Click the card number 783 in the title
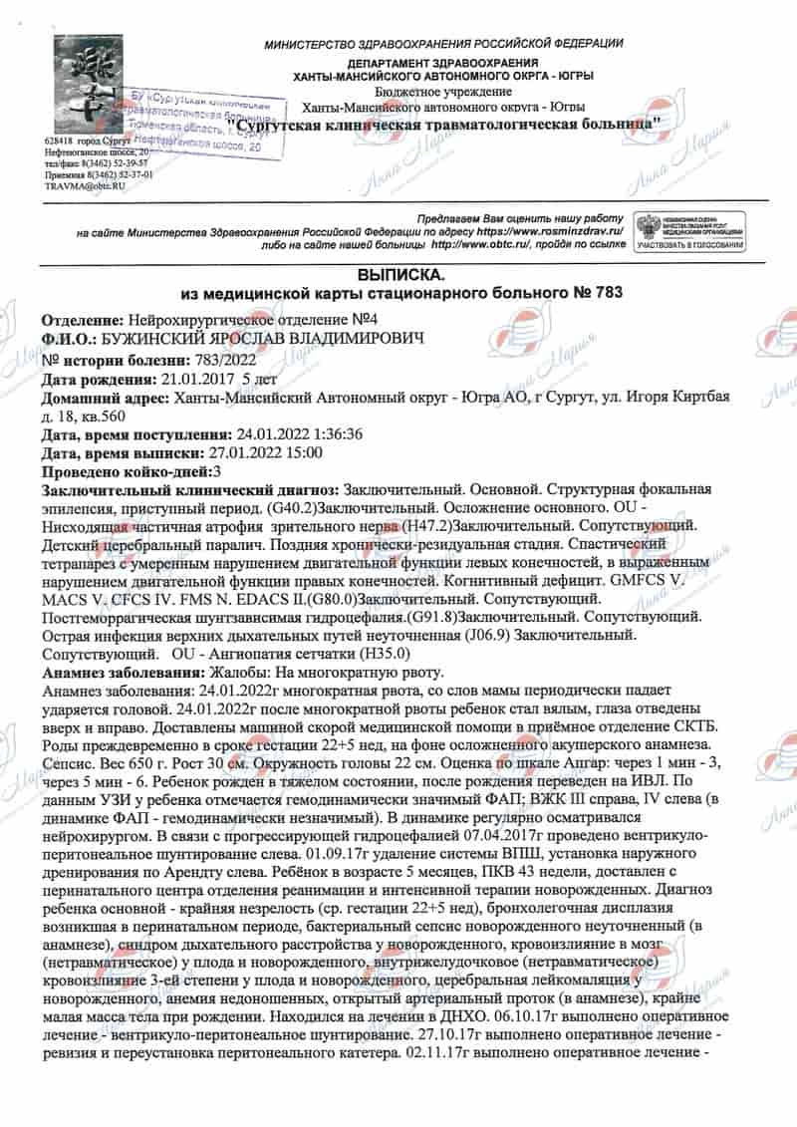click(x=609, y=293)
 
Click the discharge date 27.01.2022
click(x=245, y=453)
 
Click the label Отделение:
click(x=83, y=321)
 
